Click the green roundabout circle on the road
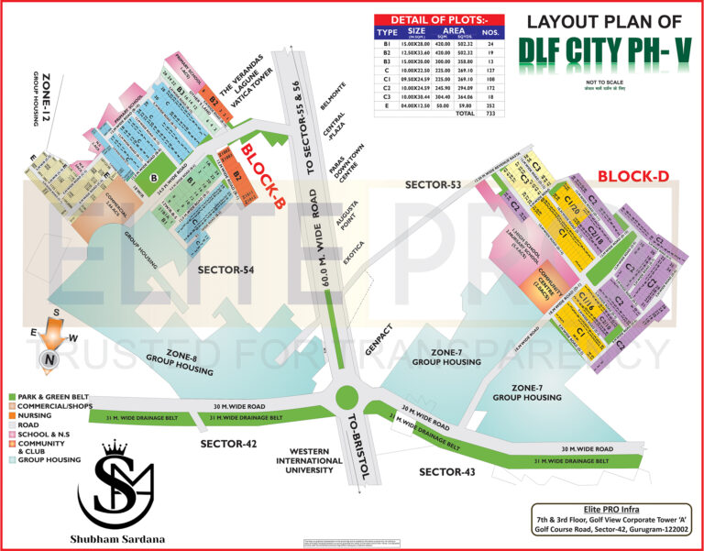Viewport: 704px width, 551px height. point(346,397)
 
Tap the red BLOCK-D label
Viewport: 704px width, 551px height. point(632,176)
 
